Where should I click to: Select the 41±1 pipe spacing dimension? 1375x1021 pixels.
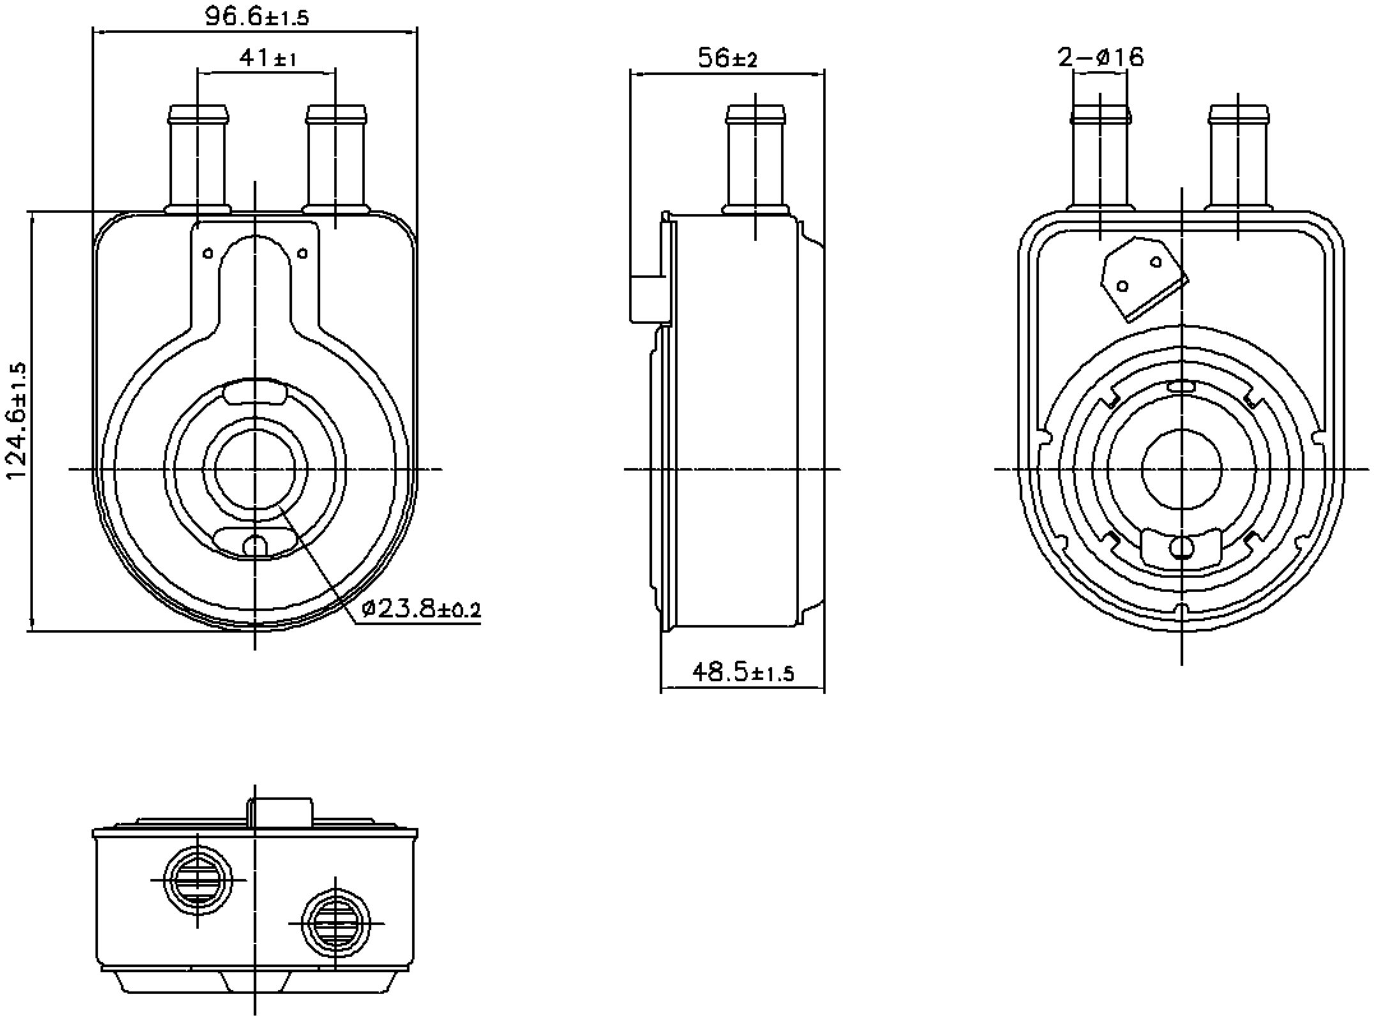(267, 59)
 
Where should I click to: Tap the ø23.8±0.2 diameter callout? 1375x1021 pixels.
(420, 609)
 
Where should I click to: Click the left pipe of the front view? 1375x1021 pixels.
(198, 160)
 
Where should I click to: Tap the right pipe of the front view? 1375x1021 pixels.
(336, 160)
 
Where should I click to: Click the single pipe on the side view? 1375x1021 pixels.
(756, 160)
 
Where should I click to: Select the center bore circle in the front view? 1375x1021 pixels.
(255, 469)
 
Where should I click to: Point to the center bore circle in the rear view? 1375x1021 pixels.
(1182, 469)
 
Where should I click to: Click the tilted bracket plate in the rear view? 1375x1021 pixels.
(1143, 278)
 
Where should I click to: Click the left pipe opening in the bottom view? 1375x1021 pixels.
(198, 881)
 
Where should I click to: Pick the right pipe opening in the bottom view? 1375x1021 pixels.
(336, 923)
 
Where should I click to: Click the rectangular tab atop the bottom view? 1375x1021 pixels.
(281, 812)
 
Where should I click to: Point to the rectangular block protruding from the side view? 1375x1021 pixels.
(647, 299)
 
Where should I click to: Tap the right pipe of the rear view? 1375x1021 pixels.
(1238, 160)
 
